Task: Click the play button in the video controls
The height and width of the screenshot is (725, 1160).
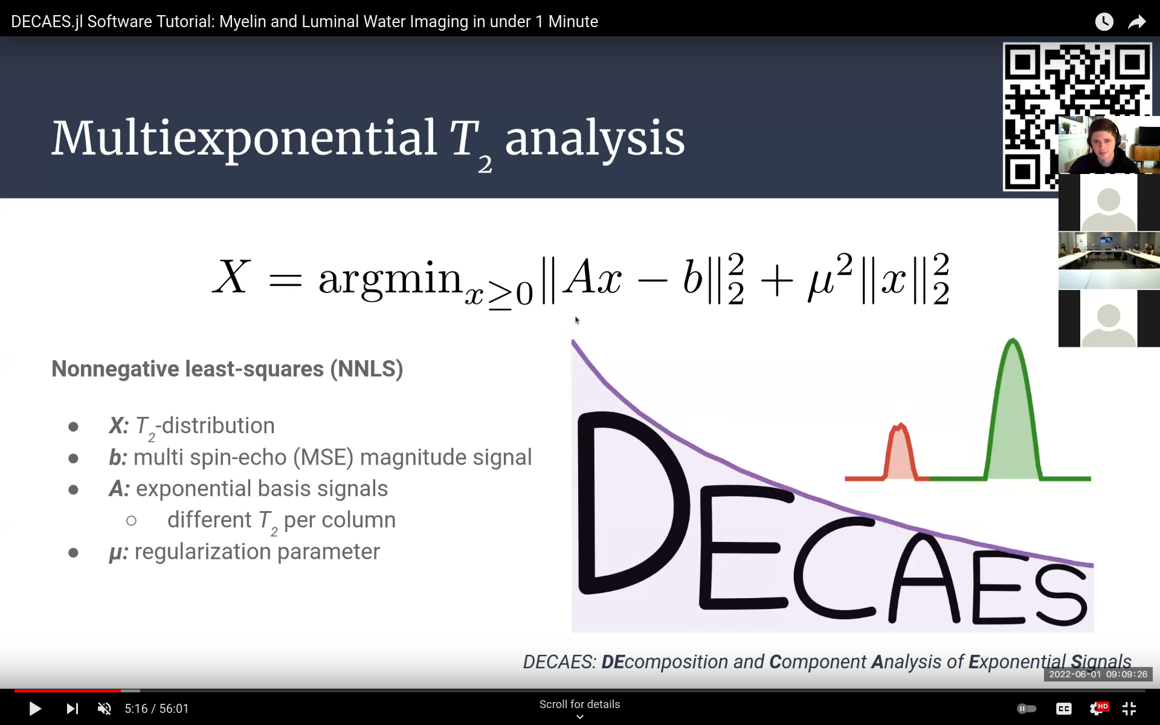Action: [x=35, y=709]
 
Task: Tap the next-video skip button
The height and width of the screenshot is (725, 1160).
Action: [x=72, y=709]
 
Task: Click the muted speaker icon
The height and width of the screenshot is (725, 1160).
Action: [x=105, y=709]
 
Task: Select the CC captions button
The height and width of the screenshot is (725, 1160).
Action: [x=1063, y=709]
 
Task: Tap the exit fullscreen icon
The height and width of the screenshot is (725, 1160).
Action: [x=1129, y=709]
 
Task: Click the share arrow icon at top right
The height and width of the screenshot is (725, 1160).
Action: [x=1136, y=22]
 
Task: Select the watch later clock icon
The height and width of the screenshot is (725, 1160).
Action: [x=1104, y=22]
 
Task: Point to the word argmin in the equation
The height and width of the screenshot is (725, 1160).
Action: [x=390, y=279]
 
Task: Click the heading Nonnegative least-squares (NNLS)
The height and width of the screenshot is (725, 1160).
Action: [x=227, y=369]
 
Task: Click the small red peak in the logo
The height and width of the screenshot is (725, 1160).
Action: [x=900, y=453]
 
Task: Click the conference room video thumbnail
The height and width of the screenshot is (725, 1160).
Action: [x=1109, y=260]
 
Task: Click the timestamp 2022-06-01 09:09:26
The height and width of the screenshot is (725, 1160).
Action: [x=1098, y=674]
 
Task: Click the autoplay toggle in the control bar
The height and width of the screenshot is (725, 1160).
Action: [x=1026, y=709]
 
